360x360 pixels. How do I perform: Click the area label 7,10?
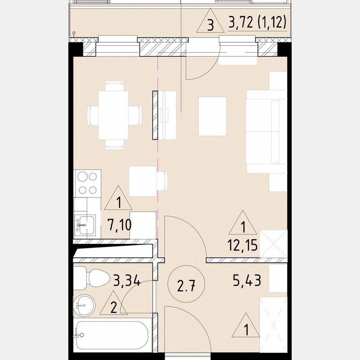120,225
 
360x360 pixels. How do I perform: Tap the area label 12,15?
242,245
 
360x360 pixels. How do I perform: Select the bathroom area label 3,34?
127,280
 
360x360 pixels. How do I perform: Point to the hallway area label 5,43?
247,280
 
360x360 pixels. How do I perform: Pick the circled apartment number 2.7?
186,284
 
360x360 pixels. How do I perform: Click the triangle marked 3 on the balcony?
210,21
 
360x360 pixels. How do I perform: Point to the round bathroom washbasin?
84,305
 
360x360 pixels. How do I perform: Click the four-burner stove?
87,184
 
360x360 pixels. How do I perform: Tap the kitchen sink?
85,225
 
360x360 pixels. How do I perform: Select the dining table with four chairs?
114,115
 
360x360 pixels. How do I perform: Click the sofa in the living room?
267,131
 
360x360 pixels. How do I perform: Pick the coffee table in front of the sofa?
212,116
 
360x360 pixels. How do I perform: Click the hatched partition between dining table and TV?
155,115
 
